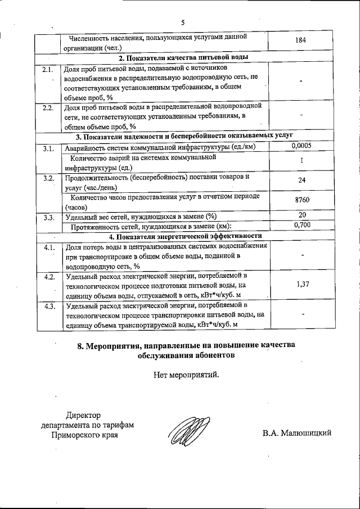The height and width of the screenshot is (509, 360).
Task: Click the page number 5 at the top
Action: coord(183,22)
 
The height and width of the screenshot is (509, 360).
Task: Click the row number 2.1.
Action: coord(48,70)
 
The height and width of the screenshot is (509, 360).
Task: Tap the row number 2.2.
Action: coord(48,107)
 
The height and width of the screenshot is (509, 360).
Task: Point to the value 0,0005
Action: coord(302,146)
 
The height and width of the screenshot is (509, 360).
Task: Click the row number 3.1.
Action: coord(48,148)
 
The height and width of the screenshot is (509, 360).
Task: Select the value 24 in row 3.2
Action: coord(303,181)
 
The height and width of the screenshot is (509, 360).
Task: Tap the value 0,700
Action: coord(303,225)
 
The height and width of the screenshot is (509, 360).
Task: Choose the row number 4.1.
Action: coord(48,247)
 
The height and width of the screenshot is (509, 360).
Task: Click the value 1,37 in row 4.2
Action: coord(303,284)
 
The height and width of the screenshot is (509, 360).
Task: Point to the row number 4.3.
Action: coord(48,306)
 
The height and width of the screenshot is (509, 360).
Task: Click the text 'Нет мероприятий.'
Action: coord(186,374)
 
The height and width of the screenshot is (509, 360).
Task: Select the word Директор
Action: coord(83,415)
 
